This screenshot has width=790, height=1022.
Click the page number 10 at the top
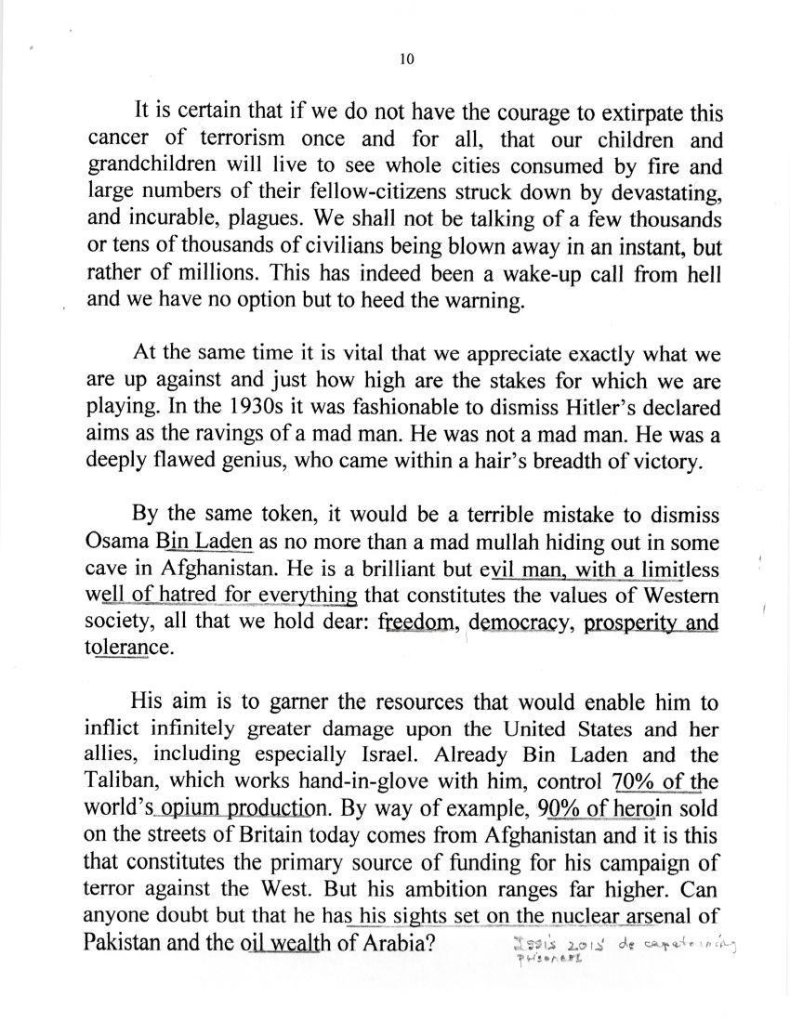click(405, 59)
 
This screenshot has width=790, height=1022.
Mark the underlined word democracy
click(520, 622)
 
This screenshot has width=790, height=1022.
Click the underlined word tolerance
click(127, 649)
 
